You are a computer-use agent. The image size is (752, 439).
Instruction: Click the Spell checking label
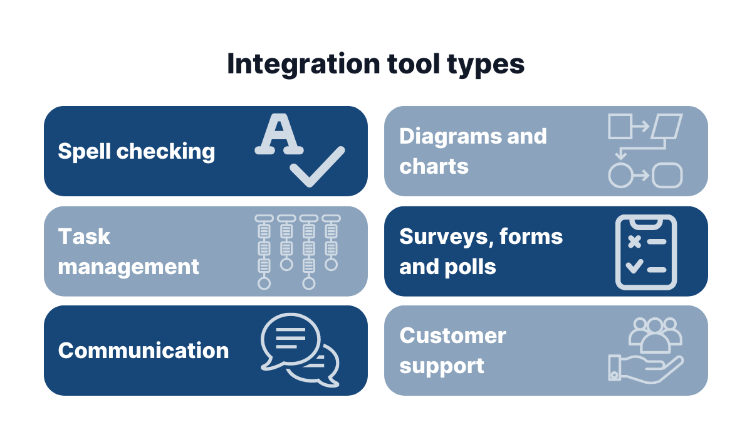(136, 151)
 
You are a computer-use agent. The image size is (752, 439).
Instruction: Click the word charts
(434, 166)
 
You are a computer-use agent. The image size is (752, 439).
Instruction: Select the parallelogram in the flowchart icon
(666, 126)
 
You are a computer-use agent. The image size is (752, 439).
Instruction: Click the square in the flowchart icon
(620, 126)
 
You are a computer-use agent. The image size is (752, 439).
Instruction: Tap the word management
(128, 267)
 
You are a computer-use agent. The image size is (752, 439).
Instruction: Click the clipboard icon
(646, 252)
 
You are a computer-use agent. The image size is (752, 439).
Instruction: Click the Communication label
(144, 350)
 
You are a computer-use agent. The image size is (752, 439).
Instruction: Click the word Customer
(452, 336)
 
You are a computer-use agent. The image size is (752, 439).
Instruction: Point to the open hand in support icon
(649, 367)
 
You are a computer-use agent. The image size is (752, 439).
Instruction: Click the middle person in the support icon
(655, 336)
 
